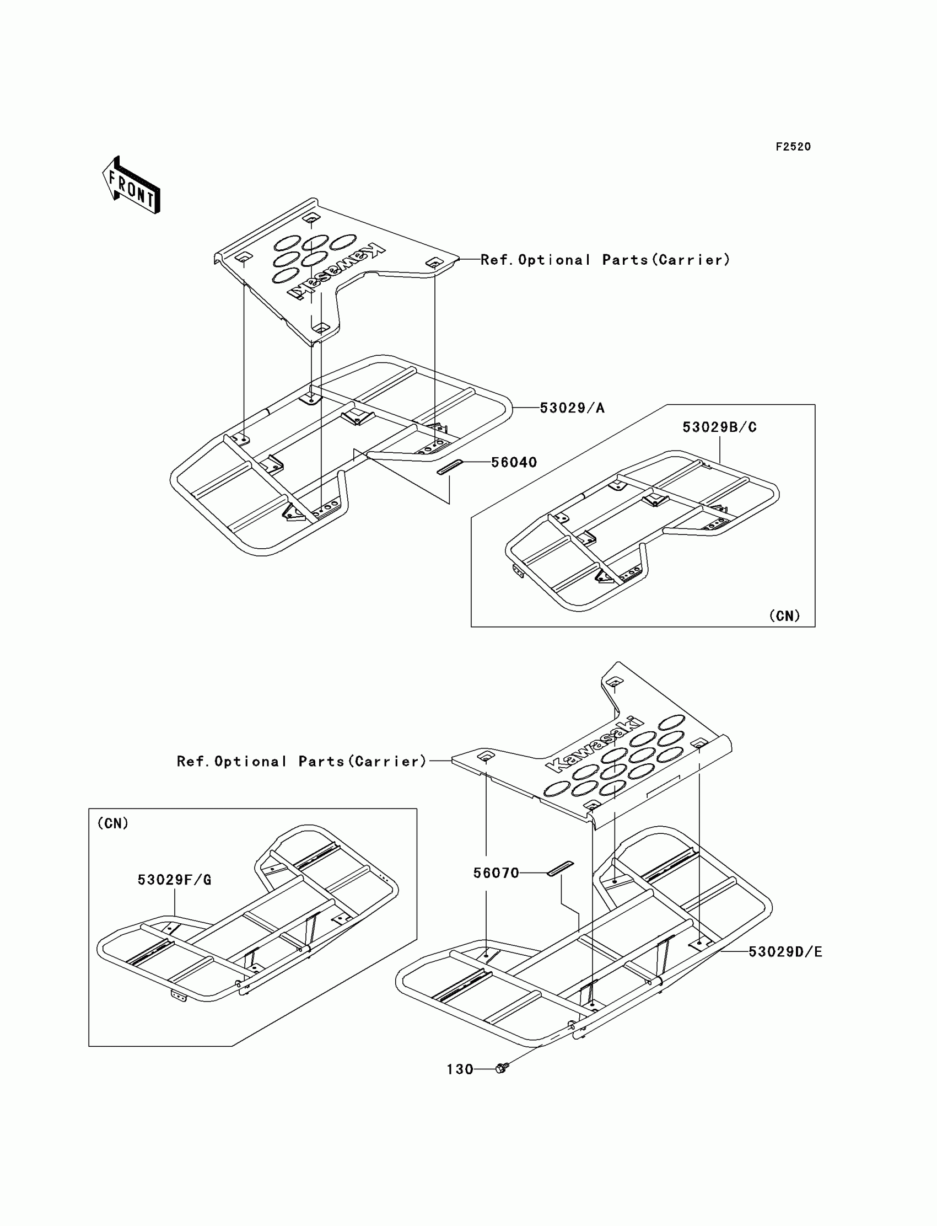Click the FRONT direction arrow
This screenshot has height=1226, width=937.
[x=132, y=186]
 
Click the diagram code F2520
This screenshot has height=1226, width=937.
[x=793, y=147]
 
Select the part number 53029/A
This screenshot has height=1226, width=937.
[x=572, y=409]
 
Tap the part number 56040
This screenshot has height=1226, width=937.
[x=514, y=463]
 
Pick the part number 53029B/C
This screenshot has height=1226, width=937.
[x=719, y=427]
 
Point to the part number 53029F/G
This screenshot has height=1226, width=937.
[x=175, y=880]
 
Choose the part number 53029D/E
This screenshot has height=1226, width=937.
[x=785, y=952]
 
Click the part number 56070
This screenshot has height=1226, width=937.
[x=496, y=874]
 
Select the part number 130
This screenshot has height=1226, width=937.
[x=460, y=1069]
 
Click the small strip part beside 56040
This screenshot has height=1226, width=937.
[x=450, y=467]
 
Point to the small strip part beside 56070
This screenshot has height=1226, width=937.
[x=560, y=869]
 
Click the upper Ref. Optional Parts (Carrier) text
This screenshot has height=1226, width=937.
[x=605, y=260]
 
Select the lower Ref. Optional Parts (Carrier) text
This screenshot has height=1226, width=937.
[x=301, y=762]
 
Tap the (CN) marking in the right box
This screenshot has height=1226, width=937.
[x=784, y=615]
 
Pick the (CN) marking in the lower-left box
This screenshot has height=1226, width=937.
[x=112, y=823]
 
